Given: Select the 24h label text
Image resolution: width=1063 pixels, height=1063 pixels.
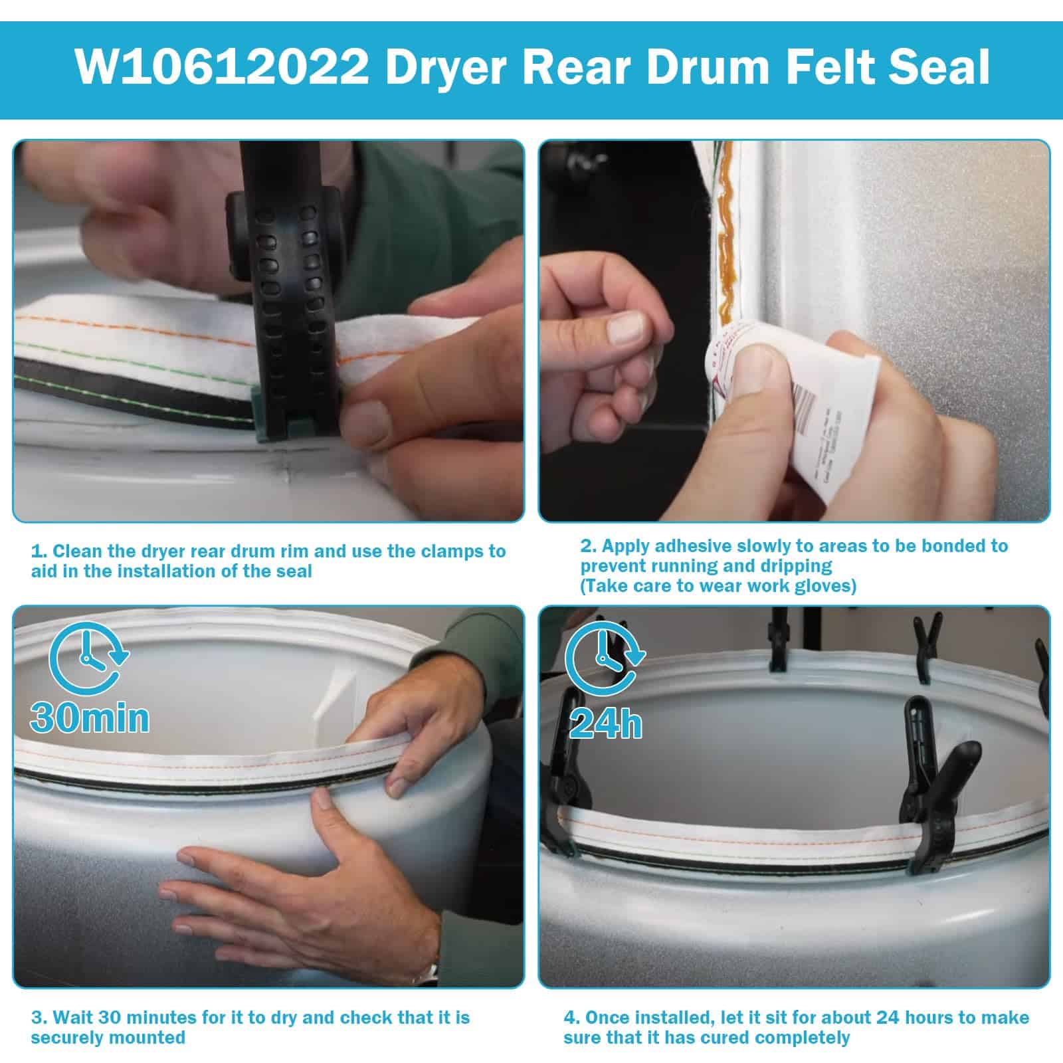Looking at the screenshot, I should (606, 724).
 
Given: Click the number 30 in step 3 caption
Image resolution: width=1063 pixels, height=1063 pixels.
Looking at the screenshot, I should (111, 1017).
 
